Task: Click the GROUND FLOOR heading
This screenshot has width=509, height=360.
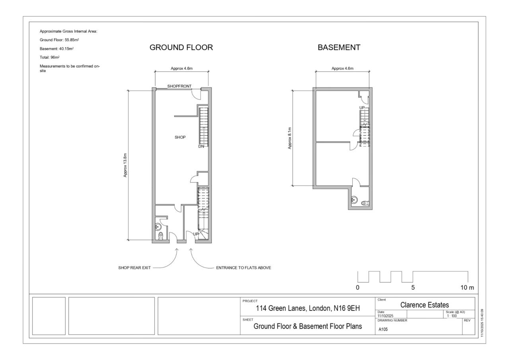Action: coord(181,47)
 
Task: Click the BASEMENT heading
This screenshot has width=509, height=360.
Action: coord(339,47)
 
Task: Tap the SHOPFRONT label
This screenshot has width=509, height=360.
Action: coord(179,86)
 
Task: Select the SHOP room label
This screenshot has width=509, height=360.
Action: coord(180,137)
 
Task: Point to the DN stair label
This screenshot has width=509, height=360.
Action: coord(201,146)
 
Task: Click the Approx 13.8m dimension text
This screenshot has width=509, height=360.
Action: coord(125,165)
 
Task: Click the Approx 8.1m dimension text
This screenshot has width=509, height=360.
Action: coord(289,138)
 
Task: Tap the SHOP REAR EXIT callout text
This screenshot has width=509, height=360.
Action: coord(134,268)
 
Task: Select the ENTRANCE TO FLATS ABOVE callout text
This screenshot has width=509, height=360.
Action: coord(243,268)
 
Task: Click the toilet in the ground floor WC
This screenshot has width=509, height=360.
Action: coord(161,236)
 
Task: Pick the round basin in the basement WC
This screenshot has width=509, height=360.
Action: coord(354,200)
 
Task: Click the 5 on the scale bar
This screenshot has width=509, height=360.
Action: coord(413,288)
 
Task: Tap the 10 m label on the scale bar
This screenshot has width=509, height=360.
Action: coord(467,288)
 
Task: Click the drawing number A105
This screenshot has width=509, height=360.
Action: coord(383,329)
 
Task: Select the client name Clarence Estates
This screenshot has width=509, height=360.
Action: coord(424,305)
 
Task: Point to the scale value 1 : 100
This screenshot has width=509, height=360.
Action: coord(452,316)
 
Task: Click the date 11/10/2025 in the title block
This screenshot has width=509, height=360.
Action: coord(385,316)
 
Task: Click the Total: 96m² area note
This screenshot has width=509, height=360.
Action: coord(50,58)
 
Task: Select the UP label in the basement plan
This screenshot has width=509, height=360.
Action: coord(362,108)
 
